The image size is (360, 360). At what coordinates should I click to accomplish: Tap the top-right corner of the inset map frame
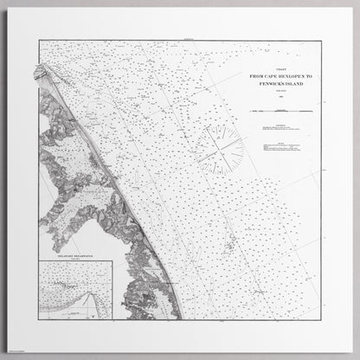point(112,260)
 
